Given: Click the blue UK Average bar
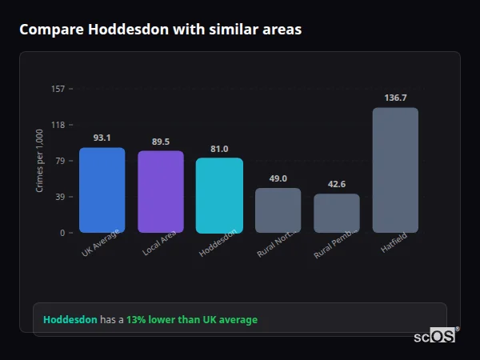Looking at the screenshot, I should (102, 190).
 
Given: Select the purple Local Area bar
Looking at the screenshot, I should (161, 192).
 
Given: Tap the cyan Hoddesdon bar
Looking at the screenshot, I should (219, 195).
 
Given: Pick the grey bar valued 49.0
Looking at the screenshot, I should (278, 210).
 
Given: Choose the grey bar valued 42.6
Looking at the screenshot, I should (337, 213).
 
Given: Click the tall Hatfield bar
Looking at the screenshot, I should (395, 170).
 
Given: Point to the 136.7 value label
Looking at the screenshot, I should (395, 98).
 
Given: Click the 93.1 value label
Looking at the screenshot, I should (102, 138).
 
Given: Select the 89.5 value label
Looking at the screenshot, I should (161, 142).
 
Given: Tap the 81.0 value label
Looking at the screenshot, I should (219, 149).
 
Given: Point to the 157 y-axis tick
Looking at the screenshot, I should (58, 89).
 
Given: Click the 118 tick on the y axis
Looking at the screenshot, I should (58, 125).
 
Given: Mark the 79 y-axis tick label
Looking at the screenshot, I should (60, 161).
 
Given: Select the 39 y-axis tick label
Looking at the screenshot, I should (60, 197).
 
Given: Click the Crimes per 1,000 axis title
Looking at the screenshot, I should (40, 161).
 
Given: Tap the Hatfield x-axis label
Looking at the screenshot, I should (393, 243).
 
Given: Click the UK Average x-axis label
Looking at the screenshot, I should (100, 244).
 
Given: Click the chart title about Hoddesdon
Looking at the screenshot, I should (160, 30).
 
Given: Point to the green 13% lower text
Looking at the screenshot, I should (192, 320).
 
